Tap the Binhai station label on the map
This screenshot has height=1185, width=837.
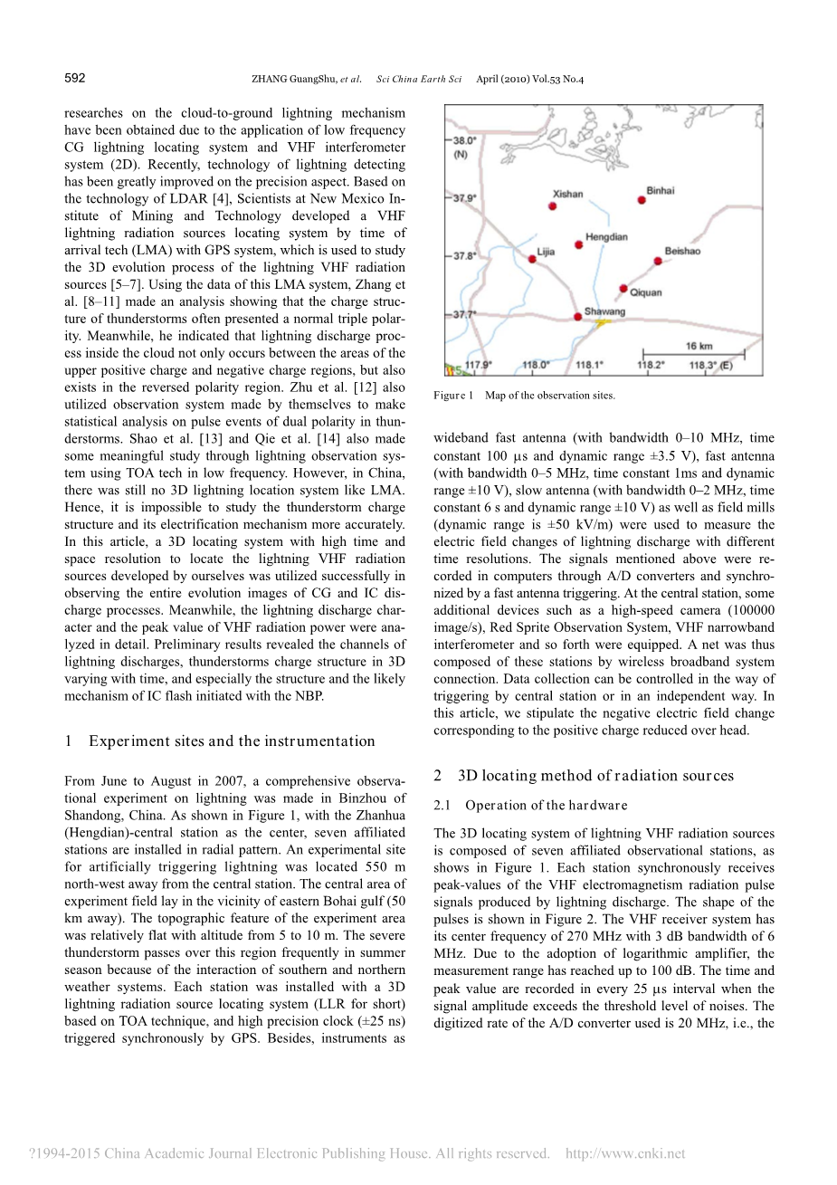(x=661, y=190)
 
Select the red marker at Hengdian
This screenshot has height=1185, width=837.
(x=579, y=245)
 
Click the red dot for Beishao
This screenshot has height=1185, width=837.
(x=658, y=261)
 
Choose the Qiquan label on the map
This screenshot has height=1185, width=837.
(x=645, y=292)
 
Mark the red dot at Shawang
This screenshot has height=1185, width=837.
(x=578, y=317)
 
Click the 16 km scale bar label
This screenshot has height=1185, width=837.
(x=699, y=346)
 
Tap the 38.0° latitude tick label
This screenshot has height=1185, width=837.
(x=465, y=141)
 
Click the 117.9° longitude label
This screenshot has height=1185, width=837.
(x=478, y=366)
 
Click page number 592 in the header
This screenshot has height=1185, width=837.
(x=75, y=78)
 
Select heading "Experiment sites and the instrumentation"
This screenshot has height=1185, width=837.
(x=231, y=741)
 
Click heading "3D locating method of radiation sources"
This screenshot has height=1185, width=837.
(x=595, y=775)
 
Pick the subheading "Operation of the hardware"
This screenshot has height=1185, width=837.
(x=546, y=805)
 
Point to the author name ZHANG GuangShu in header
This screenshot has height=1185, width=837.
(x=294, y=80)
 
